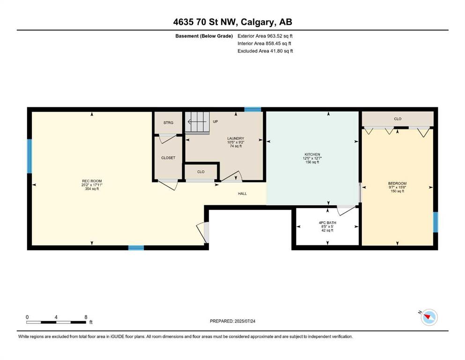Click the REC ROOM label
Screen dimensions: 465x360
pyautogui.click(x=92, y=181)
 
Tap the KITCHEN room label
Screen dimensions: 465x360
pyautogui.click(x=312, y=154)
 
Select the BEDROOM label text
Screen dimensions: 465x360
pyautogui.click(x=398, y=183)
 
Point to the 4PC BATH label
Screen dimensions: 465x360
pyautogui.click(x=327, y=223)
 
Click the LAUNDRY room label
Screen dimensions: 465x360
pyautogui.click(x=236, y=138)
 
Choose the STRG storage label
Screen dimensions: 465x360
pyautogui.click(x=168, y=122)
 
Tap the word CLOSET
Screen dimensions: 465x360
pyautogui.click(x=168, y=158)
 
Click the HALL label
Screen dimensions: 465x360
pyautogui.click(x=242, y=194)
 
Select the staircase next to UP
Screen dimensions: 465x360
pyautogui.click(x=197, y=122)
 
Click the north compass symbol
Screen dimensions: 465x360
pyautogui.click(x=429, y=317)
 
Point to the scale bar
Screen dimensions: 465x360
pyautogui.click(x=56, y=322)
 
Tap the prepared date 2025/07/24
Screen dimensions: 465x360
pyautogui.click(x=244, y=321)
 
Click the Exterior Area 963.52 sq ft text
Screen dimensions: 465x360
pyautogui.click(x=265, y=36)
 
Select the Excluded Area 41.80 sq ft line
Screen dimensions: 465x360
pyautogui.click(x=265, y=51)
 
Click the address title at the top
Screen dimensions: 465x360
pyautogui.click(x=232, y=22)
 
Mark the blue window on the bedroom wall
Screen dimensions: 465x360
pyautogui.click(x=435, y=222)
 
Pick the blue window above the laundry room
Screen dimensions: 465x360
pyautogui.click(x=253, y=110)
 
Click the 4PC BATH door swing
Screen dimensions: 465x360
pyautogui.click(x=346, y=210)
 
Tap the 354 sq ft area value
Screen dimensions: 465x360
pyautogui.click(x=92, y=189)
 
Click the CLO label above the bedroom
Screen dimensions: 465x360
pyautogui.click(x=398, y=119)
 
